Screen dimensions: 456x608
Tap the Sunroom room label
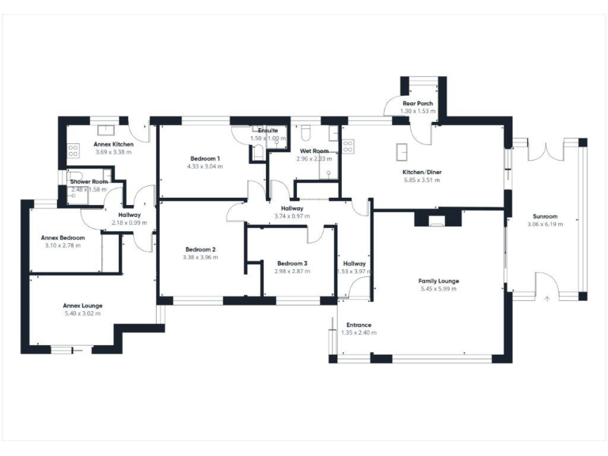(545, 216)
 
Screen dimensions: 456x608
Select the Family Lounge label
(439, 281)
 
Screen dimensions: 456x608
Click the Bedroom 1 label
(204, 158)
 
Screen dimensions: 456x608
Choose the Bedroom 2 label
(199, 249)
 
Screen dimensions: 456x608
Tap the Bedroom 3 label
(292, 264)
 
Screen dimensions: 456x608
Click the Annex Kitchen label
(113, 144)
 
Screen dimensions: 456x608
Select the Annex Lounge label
(83, 306)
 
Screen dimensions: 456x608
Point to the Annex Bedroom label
(63, 237)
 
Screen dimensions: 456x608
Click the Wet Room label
(314, 151)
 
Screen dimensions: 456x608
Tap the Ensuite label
(267, 131)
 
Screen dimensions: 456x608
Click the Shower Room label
(89, 181)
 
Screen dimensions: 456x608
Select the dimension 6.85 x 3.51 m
(421, 180)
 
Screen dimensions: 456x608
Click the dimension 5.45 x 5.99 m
(439, 289)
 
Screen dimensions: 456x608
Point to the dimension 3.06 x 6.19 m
(545, 224)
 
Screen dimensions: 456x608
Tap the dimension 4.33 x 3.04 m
(204, 166)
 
